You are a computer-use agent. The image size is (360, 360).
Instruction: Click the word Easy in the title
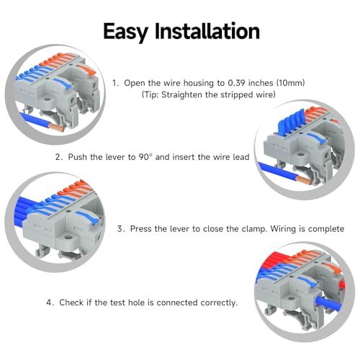(125, 32)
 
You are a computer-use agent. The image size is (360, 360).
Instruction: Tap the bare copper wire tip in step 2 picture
(304, 180)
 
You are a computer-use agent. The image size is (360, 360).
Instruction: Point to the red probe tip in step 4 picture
(342, 285)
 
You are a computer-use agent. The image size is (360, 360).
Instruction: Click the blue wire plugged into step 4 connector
(328, 303)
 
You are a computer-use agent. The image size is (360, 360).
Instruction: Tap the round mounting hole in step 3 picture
(68, 238)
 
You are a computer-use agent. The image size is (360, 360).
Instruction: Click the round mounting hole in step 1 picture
(48, 99)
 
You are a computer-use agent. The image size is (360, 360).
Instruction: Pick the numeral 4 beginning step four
(49, 302)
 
